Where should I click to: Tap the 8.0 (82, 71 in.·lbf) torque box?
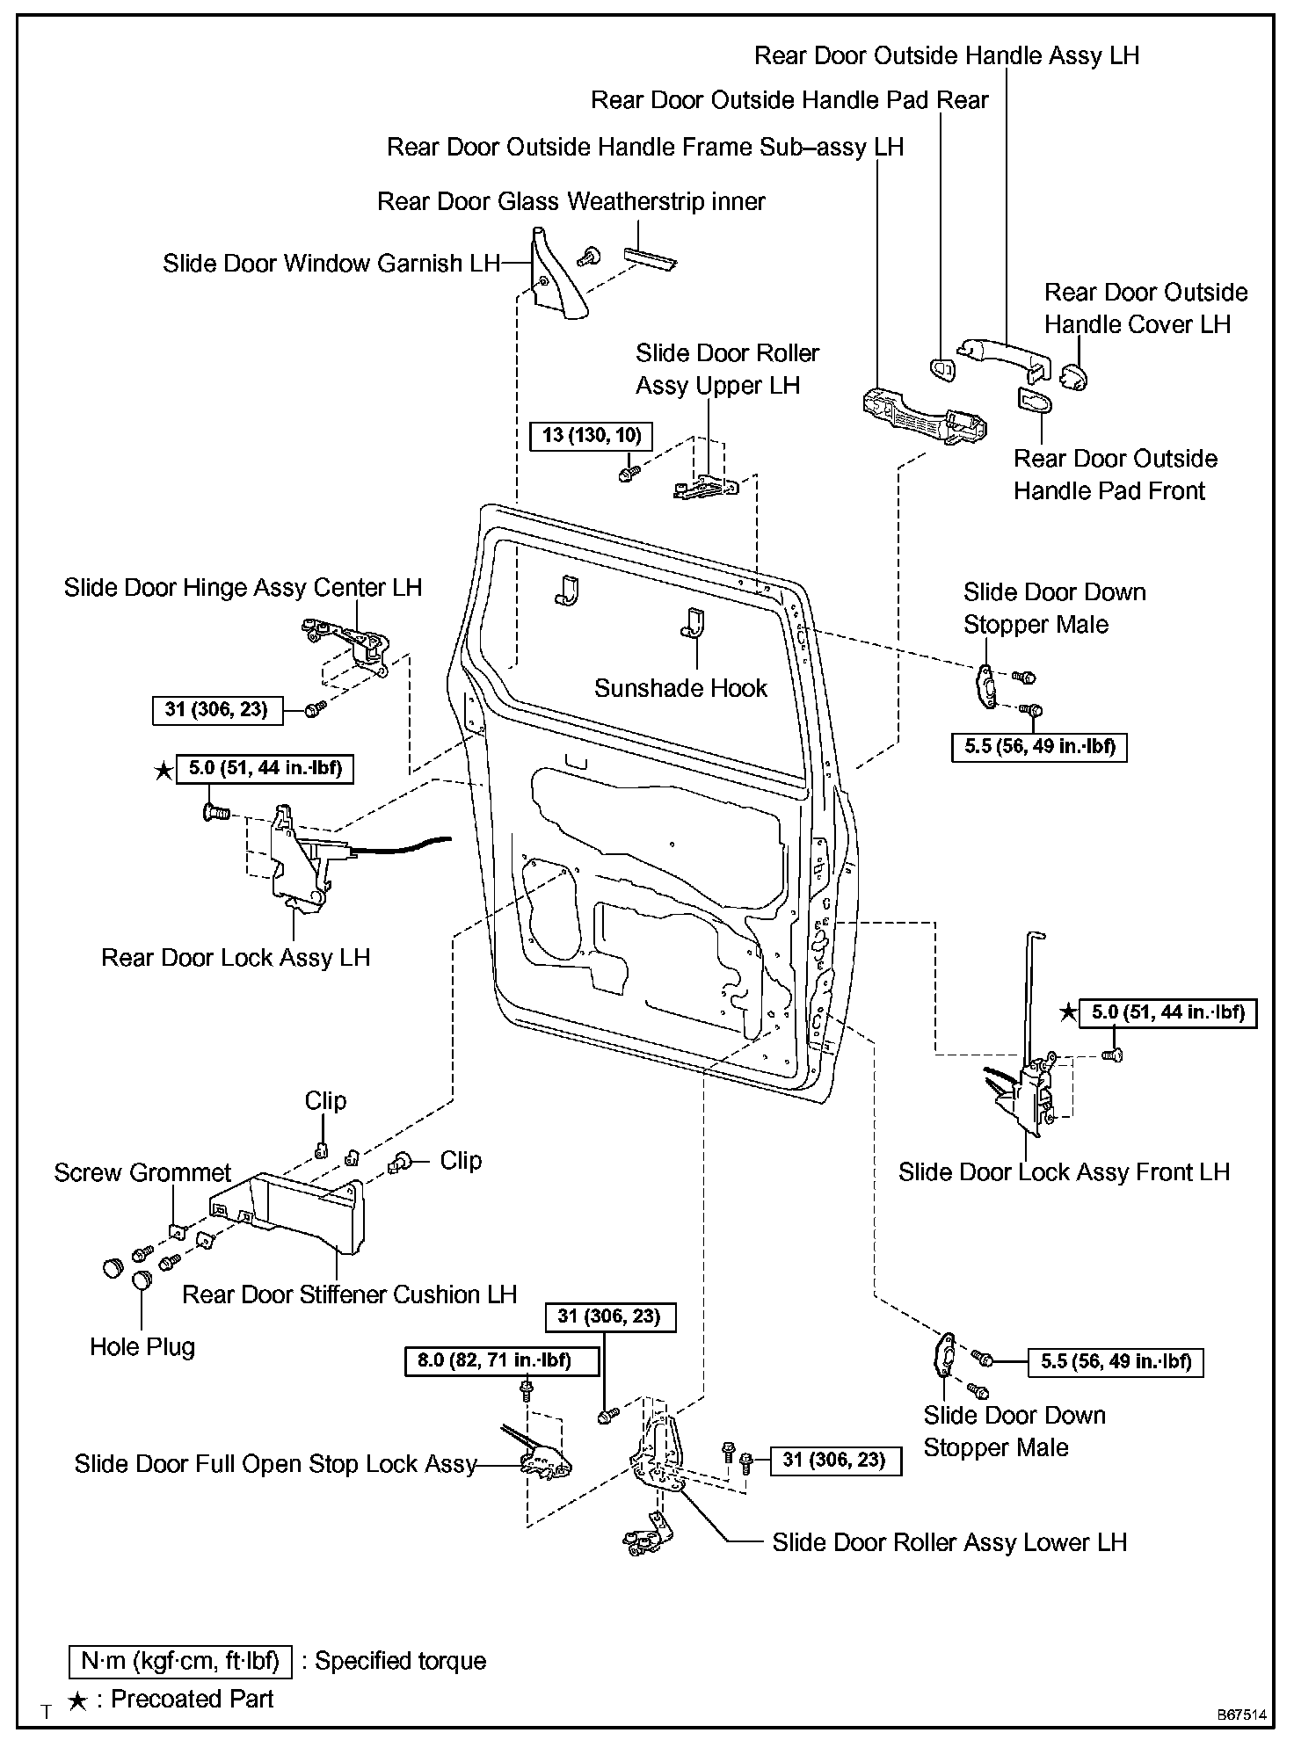point(502,1361)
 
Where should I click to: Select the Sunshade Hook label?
point(680,688)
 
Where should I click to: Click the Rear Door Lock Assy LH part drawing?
point(299,861)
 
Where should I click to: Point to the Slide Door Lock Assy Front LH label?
point(1064,1172)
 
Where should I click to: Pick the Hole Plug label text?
point(142,1347)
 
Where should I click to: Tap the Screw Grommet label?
point(142,1172)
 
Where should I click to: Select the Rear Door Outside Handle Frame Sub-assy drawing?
point(923,417)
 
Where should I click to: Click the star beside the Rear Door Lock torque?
point(164,771)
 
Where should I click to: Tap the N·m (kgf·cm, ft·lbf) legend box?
point(180,1661)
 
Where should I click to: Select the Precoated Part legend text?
point(193,1699)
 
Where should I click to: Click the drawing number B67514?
point(1241,1715)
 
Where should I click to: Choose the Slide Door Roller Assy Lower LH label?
point(949,1542)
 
